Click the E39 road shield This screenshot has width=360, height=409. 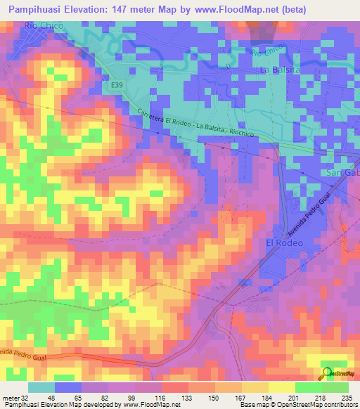click(117, 84)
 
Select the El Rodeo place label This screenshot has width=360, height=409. click(284, 242)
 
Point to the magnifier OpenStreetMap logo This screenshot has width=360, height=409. click(327, 373)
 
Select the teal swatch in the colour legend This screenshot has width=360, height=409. click(41, 387)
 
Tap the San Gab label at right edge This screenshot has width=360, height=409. click(343, 173)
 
